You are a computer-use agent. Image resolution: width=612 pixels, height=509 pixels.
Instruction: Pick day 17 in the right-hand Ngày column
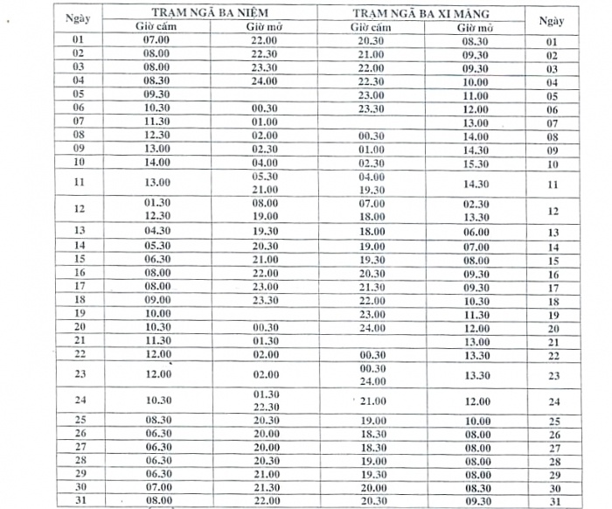[x=553, y=287]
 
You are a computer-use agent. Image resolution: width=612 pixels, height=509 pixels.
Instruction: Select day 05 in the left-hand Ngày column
[x=79, y=94]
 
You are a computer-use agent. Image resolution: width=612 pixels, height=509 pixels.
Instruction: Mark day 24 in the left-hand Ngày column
[x=79, y=401]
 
